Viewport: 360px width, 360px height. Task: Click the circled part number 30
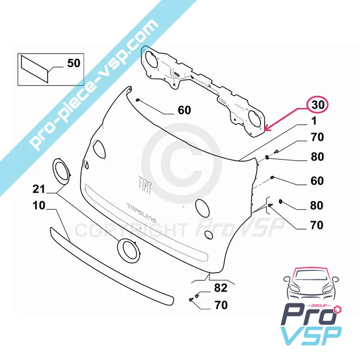[x=318, y=105]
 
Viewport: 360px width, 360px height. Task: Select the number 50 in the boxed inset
[x=74, y=63]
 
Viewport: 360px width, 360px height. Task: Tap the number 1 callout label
[x=314, y=121]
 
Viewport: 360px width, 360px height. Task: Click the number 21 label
[x=39, y=189]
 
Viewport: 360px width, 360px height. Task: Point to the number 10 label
[x=39, y=206]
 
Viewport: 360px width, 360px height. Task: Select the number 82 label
[x=220, y=288]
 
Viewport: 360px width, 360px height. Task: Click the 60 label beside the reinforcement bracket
[x=184, y=110]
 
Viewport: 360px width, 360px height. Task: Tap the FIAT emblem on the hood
[x=145, y=185]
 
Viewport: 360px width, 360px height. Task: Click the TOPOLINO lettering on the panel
[x=142, y=213]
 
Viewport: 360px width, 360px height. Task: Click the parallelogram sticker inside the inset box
[x=35, y=69]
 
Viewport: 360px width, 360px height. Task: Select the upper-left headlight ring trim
[x=62, y=171]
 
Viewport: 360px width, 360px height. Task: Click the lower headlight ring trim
[x=129, y=250]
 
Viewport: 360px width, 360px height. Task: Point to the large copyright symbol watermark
[x=181, y=163]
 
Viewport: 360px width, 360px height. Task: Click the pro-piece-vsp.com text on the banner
[x=94, y=85]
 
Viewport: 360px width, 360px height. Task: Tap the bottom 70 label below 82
[x=221, y=305]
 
